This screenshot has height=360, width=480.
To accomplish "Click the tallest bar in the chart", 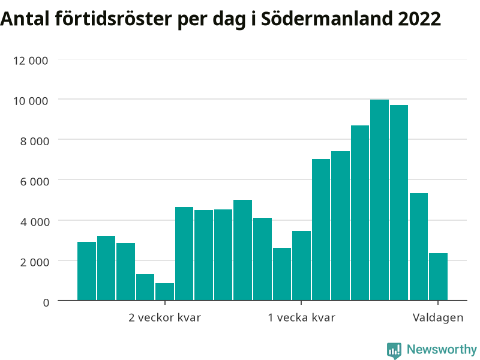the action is tap(379, 200).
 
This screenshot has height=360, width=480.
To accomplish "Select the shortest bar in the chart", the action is tap(164, 292).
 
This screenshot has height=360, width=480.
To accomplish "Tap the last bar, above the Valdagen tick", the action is tap(438, 277).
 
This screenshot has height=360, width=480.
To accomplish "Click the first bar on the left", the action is tap(86, 271).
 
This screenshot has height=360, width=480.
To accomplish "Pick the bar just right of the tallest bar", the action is tap(399, 203).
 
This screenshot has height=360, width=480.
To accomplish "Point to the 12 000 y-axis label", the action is tap(31, 61).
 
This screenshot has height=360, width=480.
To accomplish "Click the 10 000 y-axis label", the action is tap(31, 101).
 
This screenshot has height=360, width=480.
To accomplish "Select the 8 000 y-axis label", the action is tap(35, 141).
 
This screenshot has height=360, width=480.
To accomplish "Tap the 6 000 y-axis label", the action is tap(35, 182).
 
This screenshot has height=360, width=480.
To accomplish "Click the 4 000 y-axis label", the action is tap(35, 222).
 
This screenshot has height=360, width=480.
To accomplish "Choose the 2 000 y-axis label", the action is tap(35, 262).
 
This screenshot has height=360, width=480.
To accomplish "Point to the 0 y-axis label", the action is tap(46, 303).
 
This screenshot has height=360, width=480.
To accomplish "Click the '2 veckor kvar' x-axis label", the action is tap(164, 317).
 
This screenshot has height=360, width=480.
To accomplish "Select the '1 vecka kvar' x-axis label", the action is tap(302, 317).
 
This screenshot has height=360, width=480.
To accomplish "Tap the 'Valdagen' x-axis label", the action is tap(438, 318).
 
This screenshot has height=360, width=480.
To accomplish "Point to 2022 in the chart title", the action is tap(419, 19).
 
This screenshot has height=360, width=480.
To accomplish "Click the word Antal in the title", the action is tap(25, 19).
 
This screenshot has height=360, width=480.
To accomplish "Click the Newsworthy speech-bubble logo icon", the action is tap(394, 350).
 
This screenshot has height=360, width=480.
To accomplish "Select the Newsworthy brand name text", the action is tap(442, 349).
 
